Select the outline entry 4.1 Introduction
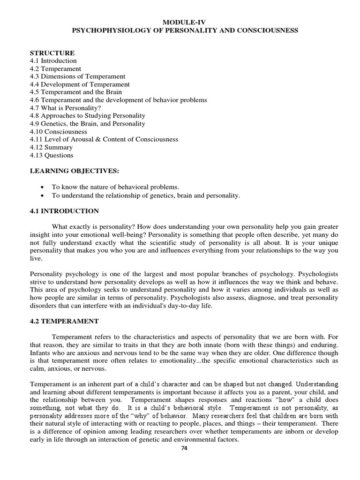click(53, 61)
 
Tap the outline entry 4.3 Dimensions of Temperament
click(77, 76)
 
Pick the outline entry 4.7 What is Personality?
click(65, 108)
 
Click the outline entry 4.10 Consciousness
click(58, 132)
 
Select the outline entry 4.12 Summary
click(51, 147)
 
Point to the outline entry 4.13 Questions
click(52, 155)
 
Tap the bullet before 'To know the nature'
click(43, 187)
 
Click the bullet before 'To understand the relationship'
click(43, 195)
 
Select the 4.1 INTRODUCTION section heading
click(64, 211)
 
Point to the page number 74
click(184, 448)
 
